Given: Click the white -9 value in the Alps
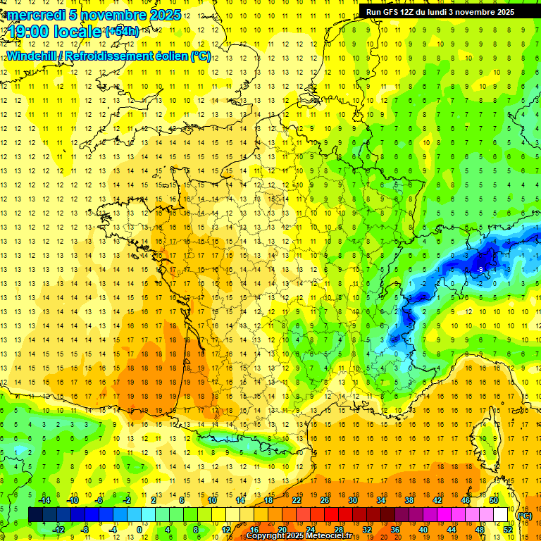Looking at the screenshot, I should [x=480, y=269].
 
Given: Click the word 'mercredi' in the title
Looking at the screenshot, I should [x=35, y=15].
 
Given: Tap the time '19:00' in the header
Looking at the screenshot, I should [x=32, y=31].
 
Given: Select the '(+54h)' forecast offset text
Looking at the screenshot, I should [x=122, y=32].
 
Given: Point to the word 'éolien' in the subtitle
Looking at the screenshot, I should [x=166, y=56].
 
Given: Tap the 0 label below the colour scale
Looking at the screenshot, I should [x=140, y=529].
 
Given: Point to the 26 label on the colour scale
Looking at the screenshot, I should [x=325, y=500].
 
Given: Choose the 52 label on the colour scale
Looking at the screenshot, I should [x=508, y=529].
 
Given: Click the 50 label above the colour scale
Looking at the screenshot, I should [x=493, y=500].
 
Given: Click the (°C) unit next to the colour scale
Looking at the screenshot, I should [x=524, y=516].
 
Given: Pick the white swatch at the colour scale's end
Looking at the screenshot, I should [x=500, y=515].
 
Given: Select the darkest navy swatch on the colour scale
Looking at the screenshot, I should [x=35, y=515].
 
